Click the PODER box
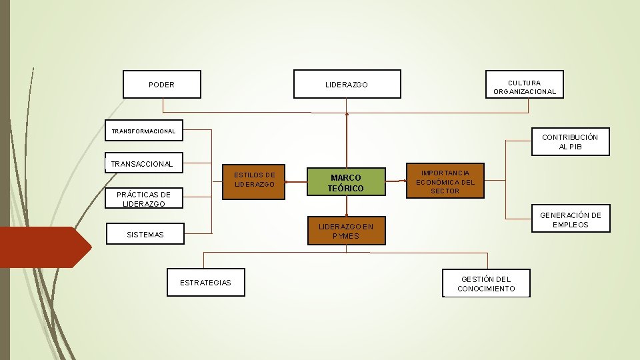[x=162, y=85]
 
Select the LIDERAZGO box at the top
[x=347, y=85]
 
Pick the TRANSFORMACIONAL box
[x=143, y=131]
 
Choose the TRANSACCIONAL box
[x=142, y=163]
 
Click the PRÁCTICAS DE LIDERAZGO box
[x=143, y=199]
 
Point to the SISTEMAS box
[x=145, y=235]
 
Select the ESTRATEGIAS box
[x=205, y=283]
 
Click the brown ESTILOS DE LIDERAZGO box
[x=254, y=181]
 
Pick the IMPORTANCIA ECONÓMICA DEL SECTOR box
[x=445, y=181]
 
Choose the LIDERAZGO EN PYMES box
[x=346, y=231]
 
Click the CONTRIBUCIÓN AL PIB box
[x=570, y=141]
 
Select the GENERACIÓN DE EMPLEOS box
[x=570, y=219]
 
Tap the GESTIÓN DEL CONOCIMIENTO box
[x=486, y=283]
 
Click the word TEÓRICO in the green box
[x=346, y=189]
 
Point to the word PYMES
[x=346, y=236]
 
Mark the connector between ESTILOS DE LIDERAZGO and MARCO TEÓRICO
[x=296, y=181]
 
